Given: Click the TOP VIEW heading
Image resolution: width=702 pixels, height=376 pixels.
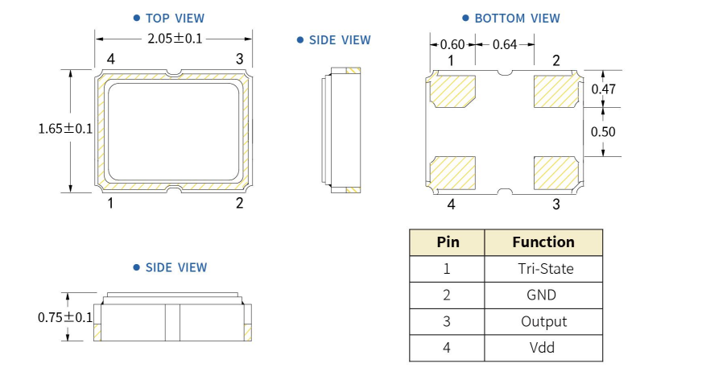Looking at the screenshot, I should pyautogui.click(x=175, y=18).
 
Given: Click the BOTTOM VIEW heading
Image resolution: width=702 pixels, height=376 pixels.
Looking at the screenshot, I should pyautogui.click(x=517, y=18).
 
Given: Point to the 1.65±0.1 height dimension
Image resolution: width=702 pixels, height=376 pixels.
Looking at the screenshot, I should pyautogui.click(x=65, y=129).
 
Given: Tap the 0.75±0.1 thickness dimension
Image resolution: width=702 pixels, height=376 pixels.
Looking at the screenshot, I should pyautogui.click(x=65, y=317).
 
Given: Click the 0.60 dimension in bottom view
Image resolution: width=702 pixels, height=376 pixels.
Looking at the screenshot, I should pyautogui.click(x=452, y=45).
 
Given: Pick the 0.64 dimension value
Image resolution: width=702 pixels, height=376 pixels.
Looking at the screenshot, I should pyautogui.click(x=504, y=45).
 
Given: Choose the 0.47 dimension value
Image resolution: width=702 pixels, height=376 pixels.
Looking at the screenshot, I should pyautogui.click(x=604, y=89).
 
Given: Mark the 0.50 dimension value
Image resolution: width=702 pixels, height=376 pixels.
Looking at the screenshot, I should pyautogui.click(x=604, y=132).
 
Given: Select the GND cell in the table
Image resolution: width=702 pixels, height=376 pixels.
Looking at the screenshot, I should pyautogui.click(x=541, y=295).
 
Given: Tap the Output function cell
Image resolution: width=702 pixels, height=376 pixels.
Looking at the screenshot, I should pyautogui.click(x=543, y=321).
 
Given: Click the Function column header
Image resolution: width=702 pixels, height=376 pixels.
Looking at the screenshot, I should pyautogui.click(x=543, y=242).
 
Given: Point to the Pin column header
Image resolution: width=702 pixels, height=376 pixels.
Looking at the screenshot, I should pyautogui.click(x=448, y=242).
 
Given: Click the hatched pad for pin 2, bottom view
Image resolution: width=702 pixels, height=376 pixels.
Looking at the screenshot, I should pyautogui.click(x=555, y=91).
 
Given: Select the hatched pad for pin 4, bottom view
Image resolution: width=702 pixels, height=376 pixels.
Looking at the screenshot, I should pyautogui.click(x=453, y=171).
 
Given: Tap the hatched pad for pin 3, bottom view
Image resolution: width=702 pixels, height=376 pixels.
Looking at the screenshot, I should pyautogui.click(x=555, y=171).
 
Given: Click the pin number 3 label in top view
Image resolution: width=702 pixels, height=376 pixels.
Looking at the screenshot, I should pyautogui.click(x=239, y=59).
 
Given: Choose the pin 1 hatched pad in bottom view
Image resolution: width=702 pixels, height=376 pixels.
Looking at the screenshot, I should pyautogui.click(x=453, y=91).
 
